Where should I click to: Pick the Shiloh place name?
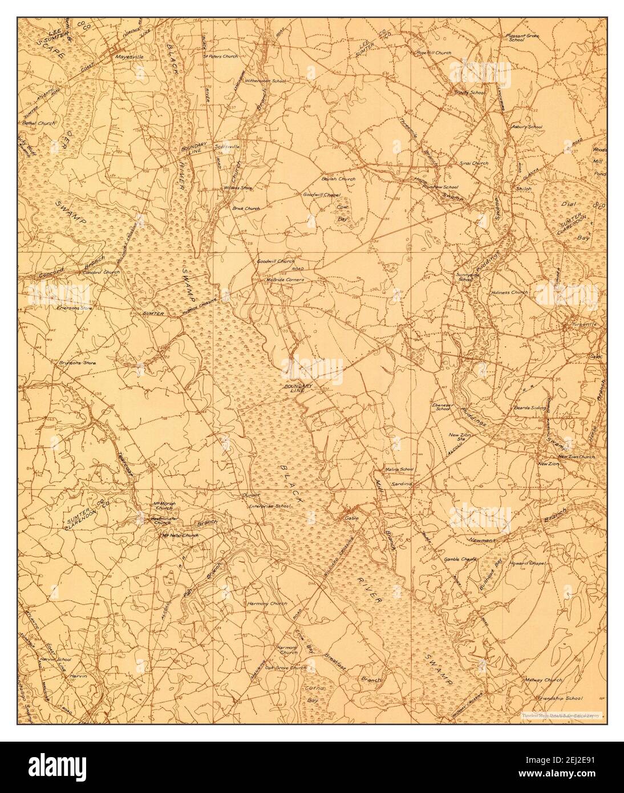[x=524, y=188]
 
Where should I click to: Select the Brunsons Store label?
[x=76, y=363]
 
